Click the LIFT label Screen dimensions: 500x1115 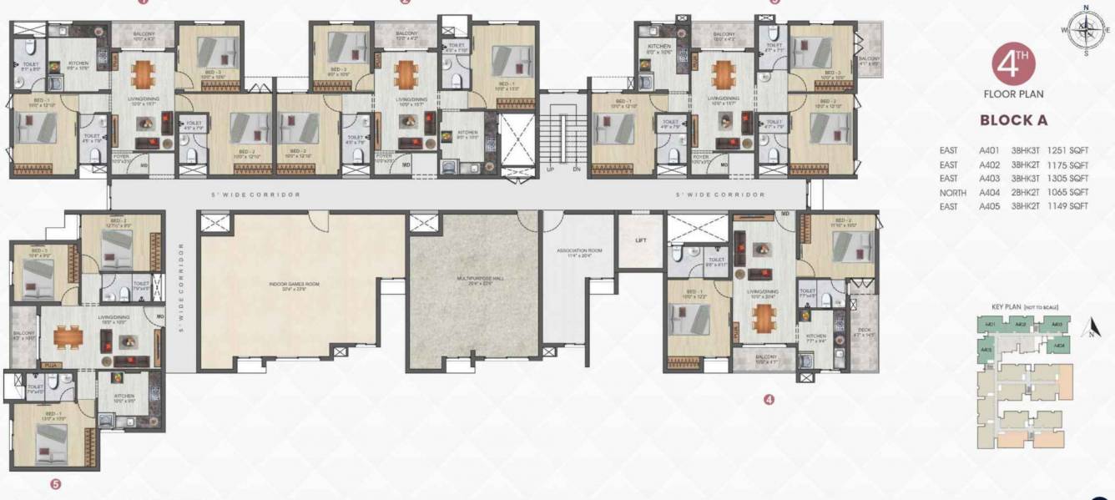[x=641, y=240]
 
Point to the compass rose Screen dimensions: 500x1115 [x=1085, y=31]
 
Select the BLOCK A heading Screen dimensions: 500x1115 [x=1014, y=120]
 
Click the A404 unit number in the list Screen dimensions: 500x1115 [x=991, y=192]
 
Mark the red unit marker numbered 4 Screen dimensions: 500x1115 [x=769, y=400]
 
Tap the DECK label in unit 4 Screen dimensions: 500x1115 [x=863, y=331]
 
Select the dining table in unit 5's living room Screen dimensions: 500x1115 [x=67, y=337]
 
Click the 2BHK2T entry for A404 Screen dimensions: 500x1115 [x=1028, y=192]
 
